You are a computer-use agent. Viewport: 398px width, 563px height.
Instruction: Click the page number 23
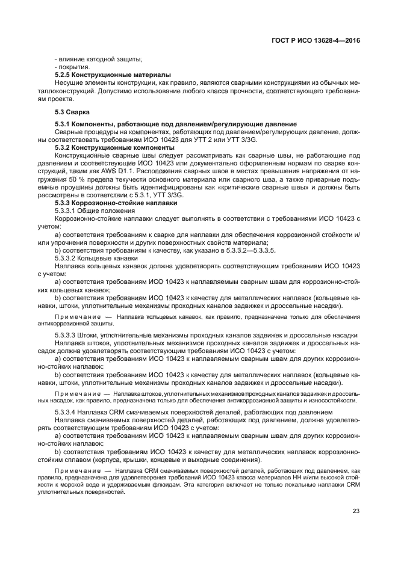[x=356, y=511]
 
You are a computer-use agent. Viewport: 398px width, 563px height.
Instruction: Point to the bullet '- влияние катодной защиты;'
[x=98, y=58]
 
